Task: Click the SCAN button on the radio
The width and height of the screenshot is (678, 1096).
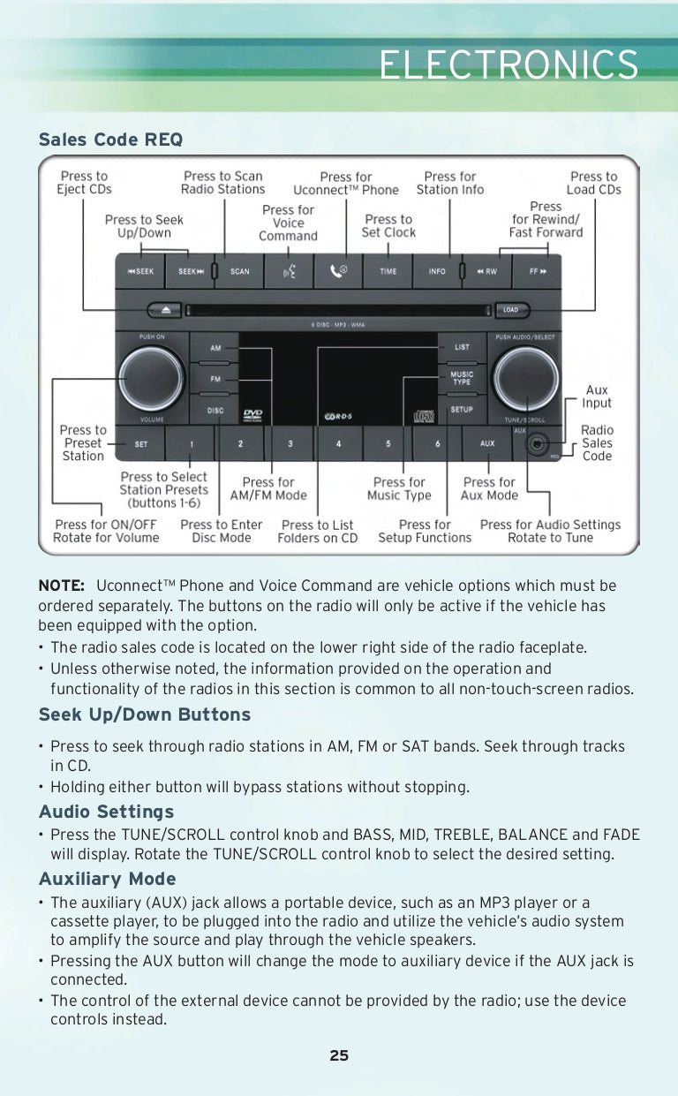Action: (x=240, y=272)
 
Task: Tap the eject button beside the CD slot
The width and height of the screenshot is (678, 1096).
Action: (x=166, y=310)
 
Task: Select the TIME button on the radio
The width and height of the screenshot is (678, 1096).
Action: (x=388, y=272)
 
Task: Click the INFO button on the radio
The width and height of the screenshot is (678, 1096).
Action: (x=437, y=272)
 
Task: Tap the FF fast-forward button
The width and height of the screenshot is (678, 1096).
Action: (x=538, y=272)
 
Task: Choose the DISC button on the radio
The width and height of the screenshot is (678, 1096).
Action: (x=215, y=411)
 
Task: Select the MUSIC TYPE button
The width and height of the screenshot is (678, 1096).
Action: (x=462, y=379)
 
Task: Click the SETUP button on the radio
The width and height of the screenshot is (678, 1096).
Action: (x=462, y=410)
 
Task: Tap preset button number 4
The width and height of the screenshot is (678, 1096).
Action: (x=339, y=443)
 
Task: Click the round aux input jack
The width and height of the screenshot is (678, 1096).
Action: (x=536, y=444)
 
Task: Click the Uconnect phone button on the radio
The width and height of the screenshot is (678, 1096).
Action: (x=338, y=272)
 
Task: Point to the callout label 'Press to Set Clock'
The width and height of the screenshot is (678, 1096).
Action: (x=388, y=226)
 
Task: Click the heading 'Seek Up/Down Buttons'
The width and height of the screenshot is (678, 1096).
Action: (x=145, y=714)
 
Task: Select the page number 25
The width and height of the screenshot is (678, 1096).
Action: (x=339, y=1055)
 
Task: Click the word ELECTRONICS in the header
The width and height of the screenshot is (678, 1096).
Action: (x=508, y=65)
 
